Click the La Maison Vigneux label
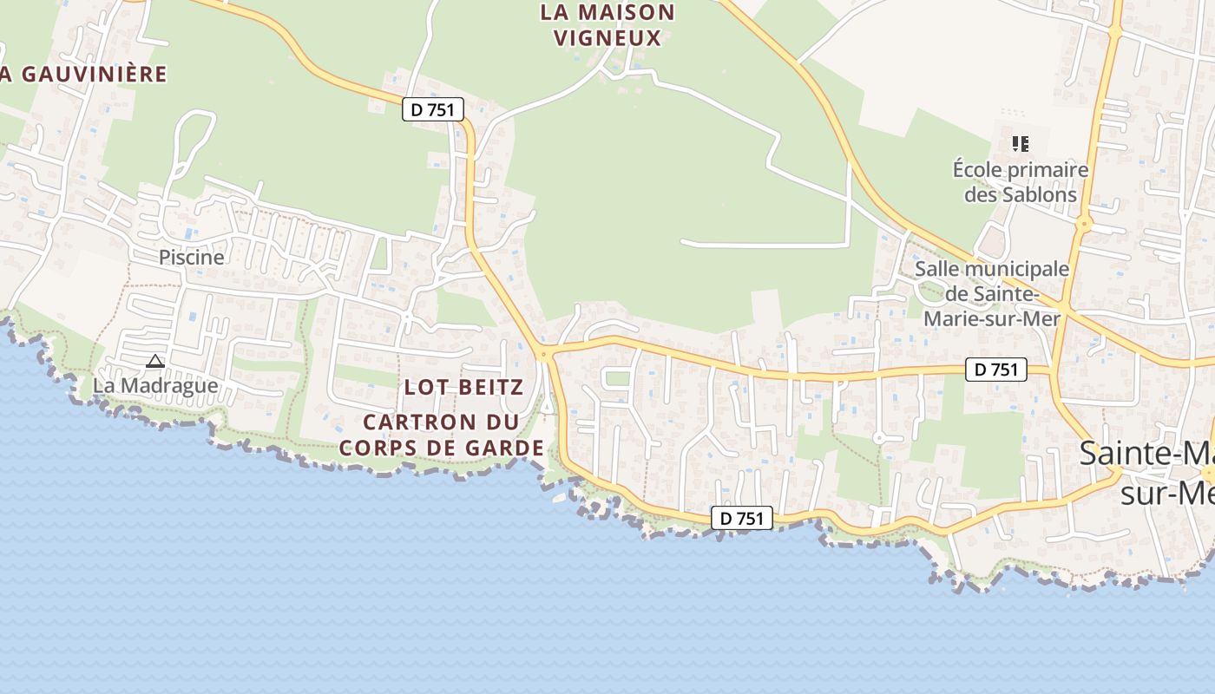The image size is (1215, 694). [607, 25]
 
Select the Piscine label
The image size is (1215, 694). [191, 257]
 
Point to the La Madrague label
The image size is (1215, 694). [155, 384]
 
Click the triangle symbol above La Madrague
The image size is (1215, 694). [155, 361]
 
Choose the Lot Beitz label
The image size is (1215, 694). [463, 387]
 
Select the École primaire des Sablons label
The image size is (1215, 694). [1021, 181]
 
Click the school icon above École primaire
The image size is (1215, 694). [1021, 143]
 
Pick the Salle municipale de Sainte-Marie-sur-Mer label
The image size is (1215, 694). [992, 293]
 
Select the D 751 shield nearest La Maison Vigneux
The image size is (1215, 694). [433, 109]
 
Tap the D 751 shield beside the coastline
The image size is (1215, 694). [742, 518]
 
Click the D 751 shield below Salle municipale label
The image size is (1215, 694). [996, 370]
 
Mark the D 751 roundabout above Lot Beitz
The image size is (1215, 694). [544, 353]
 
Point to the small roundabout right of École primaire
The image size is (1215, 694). [1083, 223]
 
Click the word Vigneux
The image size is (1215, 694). [607, 38]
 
